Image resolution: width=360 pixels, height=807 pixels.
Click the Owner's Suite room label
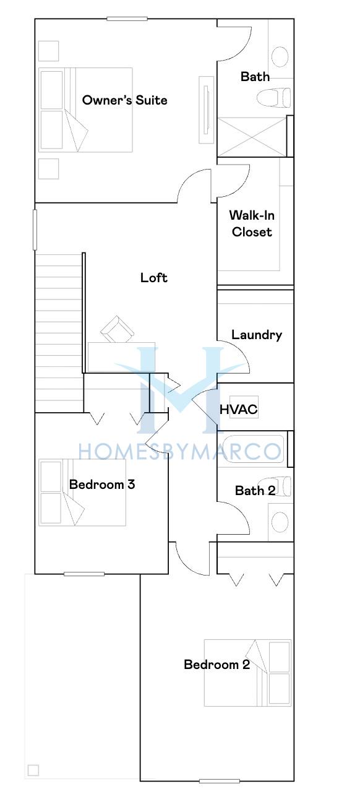tap(124, 100)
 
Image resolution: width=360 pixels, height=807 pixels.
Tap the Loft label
tap(154, 278)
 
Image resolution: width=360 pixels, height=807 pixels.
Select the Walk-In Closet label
tap(252, 223)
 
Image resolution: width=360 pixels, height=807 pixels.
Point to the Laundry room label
tap(257, 335)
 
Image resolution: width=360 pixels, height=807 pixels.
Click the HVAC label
tap(239, 409)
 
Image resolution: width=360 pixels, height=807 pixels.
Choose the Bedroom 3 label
tap(102, 484)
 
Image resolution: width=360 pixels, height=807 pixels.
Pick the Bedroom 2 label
tap(216, 664)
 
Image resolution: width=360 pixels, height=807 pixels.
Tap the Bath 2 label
tap(255, 490)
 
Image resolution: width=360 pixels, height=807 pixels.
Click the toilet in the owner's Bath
tap(273, 97)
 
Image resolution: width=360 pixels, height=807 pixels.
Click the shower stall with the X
tap(252, 137)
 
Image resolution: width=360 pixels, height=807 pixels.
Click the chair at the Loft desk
tap(118, 329)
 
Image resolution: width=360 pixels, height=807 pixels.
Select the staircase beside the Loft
tap(59, 332)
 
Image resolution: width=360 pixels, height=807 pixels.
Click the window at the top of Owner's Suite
tap(127, 19)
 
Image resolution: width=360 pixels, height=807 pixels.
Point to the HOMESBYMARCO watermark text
tap(179, 452)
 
